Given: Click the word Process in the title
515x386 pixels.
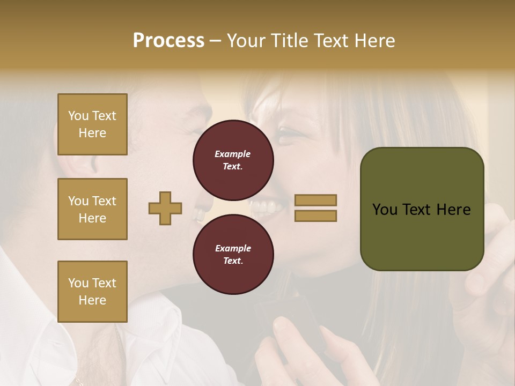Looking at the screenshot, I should [168, 41].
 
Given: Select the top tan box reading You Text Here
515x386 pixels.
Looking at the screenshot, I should [92, 124].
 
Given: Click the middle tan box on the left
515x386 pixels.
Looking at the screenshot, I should [92, 209].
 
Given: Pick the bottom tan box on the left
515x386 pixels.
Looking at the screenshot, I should [92, 292].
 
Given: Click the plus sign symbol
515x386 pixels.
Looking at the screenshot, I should [165, 208].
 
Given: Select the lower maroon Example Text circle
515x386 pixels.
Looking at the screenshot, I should [233, 255].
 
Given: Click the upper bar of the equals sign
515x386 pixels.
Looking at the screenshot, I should [315, 200].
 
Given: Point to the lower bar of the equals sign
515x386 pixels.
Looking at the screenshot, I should [315, 216].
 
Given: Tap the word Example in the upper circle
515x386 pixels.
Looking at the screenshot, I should [233, 154].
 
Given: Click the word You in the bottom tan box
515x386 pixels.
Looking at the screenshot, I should [78, 283].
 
